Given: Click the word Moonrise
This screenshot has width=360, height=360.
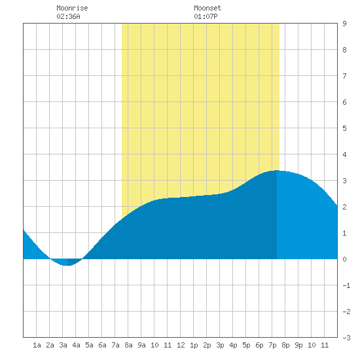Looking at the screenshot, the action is click(x=72, y=8).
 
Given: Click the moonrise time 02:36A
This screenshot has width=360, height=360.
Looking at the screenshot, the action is click(x=68, y=16).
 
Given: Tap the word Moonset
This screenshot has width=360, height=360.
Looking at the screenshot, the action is click(x=207, y=8).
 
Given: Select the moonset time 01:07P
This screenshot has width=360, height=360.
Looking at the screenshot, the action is click(x=206, y=16).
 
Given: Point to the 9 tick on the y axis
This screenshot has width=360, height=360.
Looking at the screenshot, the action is click(x=344, y=24).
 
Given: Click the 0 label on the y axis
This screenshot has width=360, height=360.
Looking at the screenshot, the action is click(x=344, y=259).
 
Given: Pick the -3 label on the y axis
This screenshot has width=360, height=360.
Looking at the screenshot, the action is click(x=346, y=338).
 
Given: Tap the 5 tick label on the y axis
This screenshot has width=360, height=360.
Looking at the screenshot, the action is click(x=344, y=128).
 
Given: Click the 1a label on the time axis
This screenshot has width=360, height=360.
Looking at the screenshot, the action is click(x=37, y=345).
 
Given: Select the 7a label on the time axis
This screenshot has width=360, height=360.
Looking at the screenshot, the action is click(x=115, y=345).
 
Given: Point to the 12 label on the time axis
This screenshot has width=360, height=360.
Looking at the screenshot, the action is click(x=181, y=345).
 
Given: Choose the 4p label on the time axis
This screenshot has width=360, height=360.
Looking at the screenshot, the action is click(x=233, y=345).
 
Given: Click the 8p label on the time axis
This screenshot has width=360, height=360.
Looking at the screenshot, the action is click(x=285, y=345).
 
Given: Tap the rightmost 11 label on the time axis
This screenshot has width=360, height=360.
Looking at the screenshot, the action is click(x=325, y=345).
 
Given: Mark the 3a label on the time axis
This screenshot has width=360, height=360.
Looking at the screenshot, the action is click(x=63, y=345).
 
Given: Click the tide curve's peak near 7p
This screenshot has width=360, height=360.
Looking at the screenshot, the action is click(x=277, y=170).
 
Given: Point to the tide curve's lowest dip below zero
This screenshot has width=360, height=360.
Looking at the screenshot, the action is click(x=67, y=265).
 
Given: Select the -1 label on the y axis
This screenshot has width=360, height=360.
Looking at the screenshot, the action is click(x=346, y=285).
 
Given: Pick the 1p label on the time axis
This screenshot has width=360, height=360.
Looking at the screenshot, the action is click(x=194, y=345).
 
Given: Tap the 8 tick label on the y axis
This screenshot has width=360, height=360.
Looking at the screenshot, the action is click(x=344, y=50).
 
